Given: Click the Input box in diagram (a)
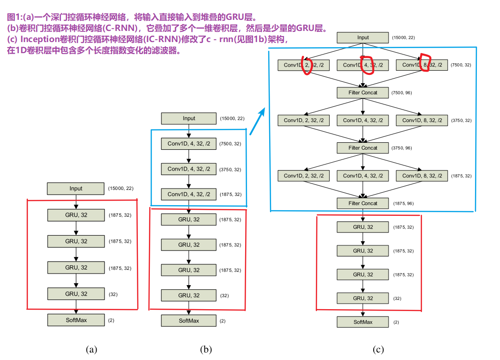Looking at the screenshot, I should pos(76,189).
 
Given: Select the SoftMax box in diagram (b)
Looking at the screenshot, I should pos(189,321).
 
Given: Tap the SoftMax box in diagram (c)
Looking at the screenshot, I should pos(363,322).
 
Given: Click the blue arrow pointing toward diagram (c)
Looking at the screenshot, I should pos(258,121).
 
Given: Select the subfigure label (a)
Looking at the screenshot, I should pos(92,349).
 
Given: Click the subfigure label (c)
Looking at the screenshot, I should pos(378,349).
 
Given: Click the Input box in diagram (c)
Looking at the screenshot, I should pos(363,38).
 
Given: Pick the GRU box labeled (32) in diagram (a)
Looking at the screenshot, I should pos(76,294).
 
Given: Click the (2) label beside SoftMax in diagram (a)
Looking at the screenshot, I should pos(111,320).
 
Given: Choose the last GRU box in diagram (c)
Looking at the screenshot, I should pos(363,299).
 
